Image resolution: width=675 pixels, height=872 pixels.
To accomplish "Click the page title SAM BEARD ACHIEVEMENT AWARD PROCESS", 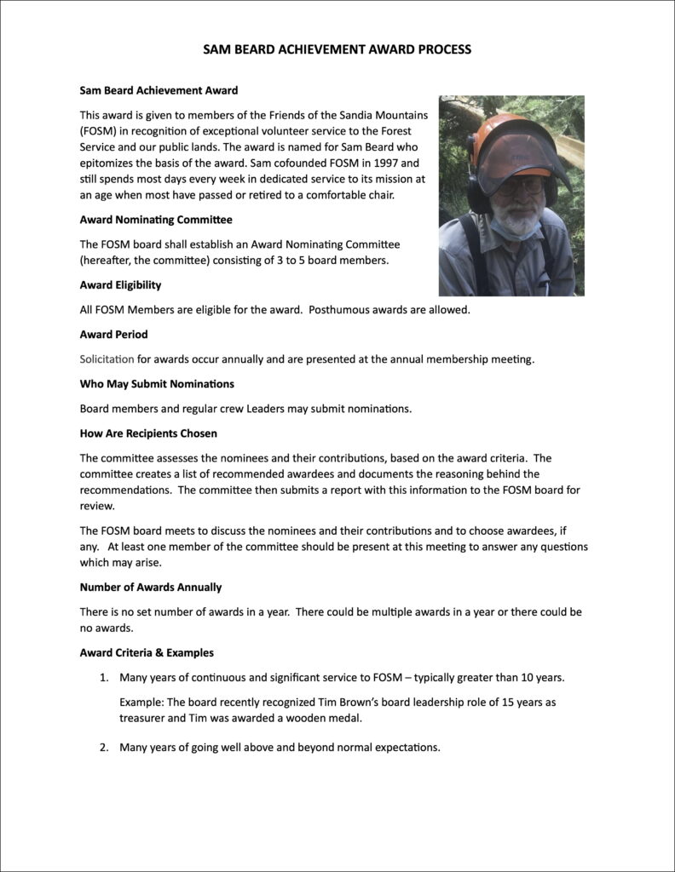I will pos(337,49).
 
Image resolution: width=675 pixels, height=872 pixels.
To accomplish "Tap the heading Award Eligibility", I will pos(120,284).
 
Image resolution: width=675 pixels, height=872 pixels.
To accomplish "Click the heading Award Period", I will pos(113,335).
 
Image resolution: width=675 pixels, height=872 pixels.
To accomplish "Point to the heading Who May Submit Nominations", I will pos(157,383).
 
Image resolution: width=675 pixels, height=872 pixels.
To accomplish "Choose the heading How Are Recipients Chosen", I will pos(148,433).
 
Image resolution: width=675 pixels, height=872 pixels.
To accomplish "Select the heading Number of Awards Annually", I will pos(151,587).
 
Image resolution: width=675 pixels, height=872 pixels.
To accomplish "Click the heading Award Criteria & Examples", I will pos(147,652).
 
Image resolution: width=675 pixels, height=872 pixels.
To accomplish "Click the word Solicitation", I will pos(107,359).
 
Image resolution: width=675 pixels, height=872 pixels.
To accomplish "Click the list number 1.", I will pos(103,678).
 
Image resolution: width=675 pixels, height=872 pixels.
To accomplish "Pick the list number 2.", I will pos(103,748).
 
